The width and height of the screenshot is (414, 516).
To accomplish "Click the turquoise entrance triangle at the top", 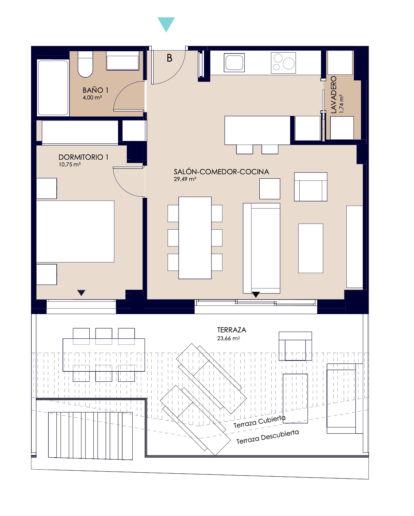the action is [x=166, y=24].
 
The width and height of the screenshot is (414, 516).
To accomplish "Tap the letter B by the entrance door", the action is [x=169, y=58].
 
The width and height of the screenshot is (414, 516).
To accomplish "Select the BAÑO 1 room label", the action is [x=95, y=90].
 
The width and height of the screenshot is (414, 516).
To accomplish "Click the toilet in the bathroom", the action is [x=85, y=64].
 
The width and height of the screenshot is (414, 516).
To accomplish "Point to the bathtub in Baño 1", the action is [x=53, y=88].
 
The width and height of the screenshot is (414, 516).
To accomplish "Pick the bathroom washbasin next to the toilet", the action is [x=123, y=61].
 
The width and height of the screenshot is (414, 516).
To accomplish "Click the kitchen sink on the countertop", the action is [x=234, y=62].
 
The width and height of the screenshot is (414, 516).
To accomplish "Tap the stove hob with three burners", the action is [x=283, y=63].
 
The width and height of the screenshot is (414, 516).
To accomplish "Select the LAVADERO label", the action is [x=334, y=95].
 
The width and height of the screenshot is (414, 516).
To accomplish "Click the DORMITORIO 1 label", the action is [x=83, y=157].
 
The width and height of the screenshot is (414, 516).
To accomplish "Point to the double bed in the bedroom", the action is [x=75, y=231].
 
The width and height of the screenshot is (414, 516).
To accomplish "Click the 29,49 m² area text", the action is [x=185, y=179].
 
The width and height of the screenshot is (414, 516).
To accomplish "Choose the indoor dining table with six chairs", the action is [x=195, y=238].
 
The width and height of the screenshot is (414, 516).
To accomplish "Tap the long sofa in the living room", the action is [x=262, y=248].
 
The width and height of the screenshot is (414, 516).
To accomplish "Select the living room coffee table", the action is [x=310, y=248].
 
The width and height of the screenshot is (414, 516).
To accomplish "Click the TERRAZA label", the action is [x=232, y=330].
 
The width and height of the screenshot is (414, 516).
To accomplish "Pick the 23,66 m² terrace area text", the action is [x=229, y=338].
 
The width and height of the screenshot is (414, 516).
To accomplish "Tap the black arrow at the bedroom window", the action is [x=81, y=293].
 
